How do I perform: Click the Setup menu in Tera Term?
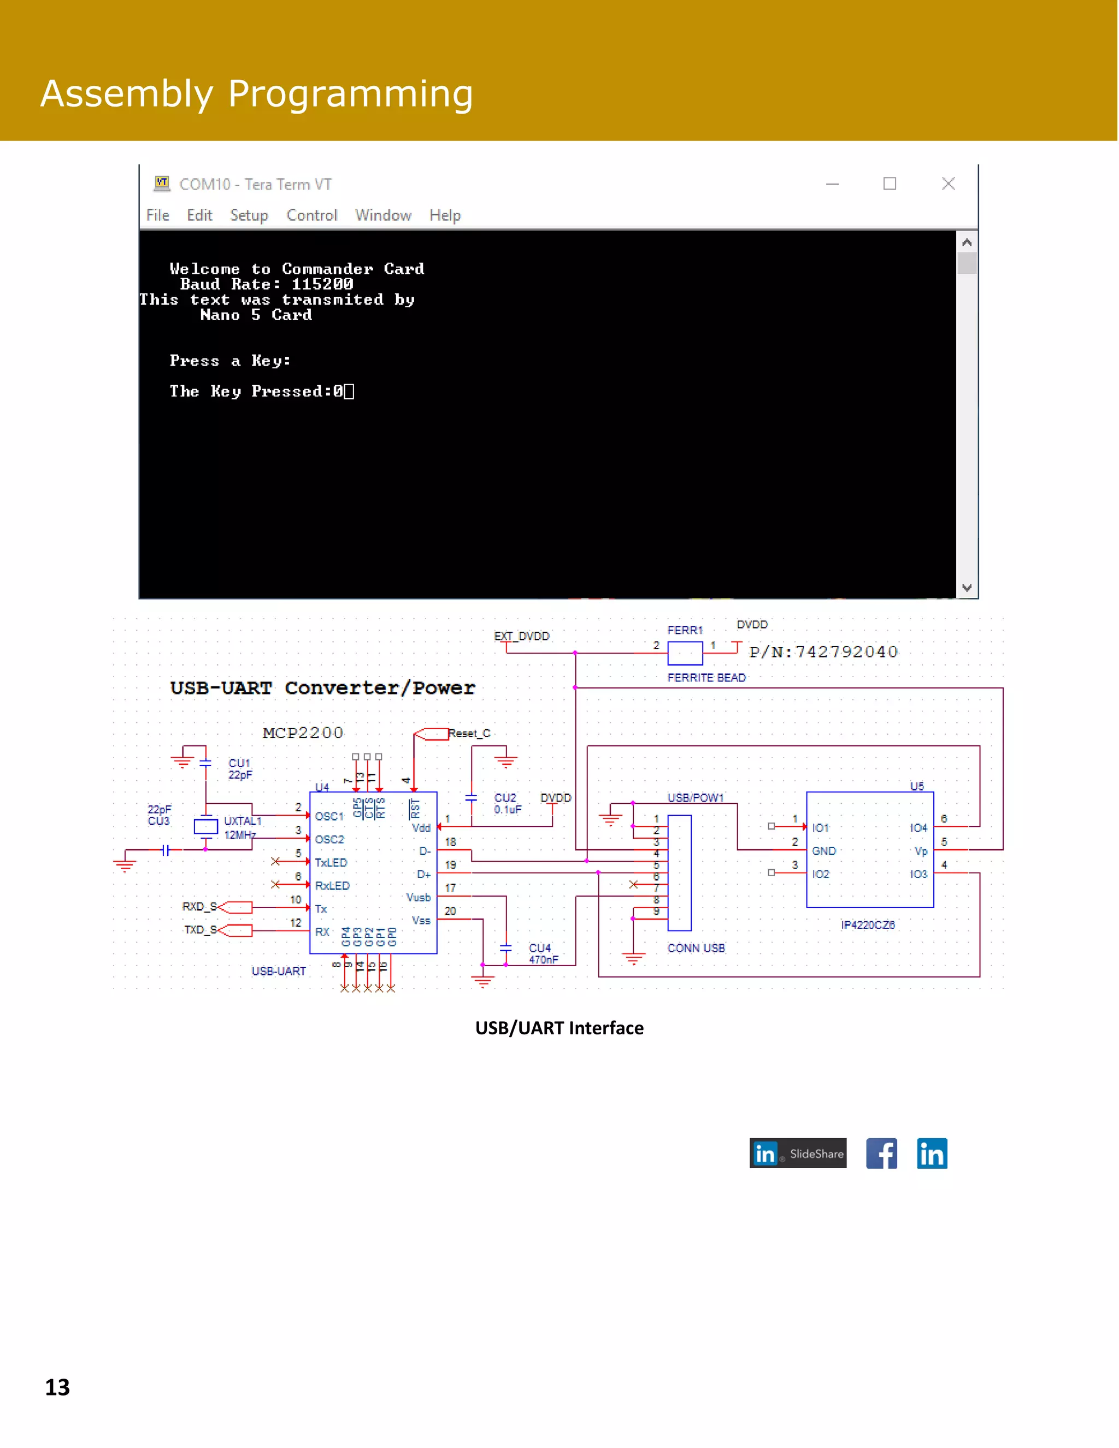249,215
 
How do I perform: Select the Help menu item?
445,215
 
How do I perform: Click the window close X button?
948,184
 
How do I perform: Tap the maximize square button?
890,184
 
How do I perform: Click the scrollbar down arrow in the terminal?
967,587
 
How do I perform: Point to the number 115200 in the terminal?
322,285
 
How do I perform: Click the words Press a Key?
229,361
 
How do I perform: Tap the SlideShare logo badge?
798,1153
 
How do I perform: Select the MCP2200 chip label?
303,733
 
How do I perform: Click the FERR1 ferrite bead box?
685,653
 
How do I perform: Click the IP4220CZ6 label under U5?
868,925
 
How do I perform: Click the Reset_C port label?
469,733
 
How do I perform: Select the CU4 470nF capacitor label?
542,953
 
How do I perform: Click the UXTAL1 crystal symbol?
205,826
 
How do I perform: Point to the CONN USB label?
696,948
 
